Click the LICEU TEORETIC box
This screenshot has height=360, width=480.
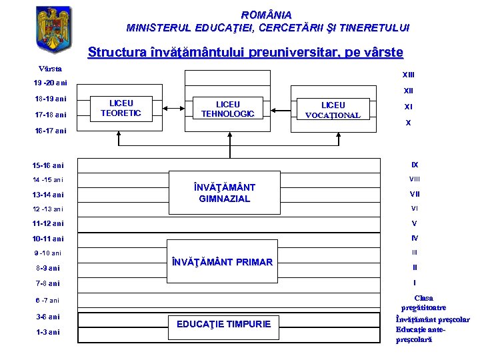[x=121, y=108]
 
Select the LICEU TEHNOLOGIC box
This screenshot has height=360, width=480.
[x=228, y=109]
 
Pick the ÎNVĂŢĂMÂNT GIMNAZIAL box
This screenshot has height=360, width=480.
[x=225, y=193]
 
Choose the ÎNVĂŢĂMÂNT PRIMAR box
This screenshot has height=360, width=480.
[x=222, y=262]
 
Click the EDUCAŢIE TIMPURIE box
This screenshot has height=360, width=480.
[x=223, y=324]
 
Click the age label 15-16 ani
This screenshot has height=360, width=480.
[x=49, y=165]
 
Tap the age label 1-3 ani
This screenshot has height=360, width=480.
[x=47, y=332]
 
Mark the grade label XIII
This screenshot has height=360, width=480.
[x=408, y=75]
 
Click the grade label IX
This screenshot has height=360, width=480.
[x=414, y=164]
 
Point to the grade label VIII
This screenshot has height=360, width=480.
[x=414, y=179]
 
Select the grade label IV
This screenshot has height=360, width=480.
[x=414, y=238]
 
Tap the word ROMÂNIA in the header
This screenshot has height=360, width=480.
[x=267, y=14]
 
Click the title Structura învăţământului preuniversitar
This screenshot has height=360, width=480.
[x=245, y=51]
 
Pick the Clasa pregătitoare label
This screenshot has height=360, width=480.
[x=423, y=303]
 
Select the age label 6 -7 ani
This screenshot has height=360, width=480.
[x=47, y=300]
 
